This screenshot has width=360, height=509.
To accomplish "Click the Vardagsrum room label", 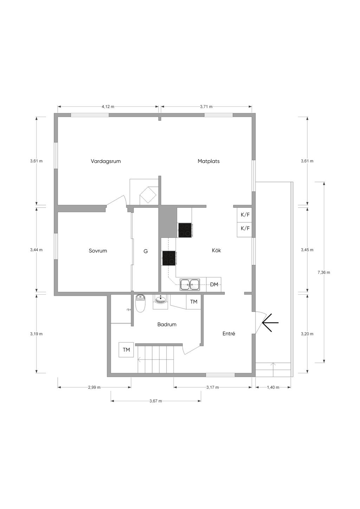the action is [106, 161].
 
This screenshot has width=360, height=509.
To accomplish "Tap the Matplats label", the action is [208, 161].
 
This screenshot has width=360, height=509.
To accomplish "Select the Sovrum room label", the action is [98, 251].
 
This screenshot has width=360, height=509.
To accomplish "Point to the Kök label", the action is [216, 250].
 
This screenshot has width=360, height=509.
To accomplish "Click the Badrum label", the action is [167, 325].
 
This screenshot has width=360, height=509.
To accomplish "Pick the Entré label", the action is [229, 334].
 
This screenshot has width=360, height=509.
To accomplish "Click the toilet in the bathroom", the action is [140, 304].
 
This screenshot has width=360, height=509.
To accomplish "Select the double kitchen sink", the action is [190, 285].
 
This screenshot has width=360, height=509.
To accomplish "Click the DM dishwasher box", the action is [214, 284].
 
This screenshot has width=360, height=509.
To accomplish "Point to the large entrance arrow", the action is [270, 322].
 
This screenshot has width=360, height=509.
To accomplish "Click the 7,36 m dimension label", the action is [324, 273].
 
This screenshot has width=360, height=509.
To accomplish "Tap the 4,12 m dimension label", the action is [108, 106].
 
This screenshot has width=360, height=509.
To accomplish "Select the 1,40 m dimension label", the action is [273, 387].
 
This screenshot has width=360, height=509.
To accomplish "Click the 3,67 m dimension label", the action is [156, 401].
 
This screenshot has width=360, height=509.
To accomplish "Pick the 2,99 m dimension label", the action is [94, 387].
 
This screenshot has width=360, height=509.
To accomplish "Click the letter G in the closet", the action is [146, 251].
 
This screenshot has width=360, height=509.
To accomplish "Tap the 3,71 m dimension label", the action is [206, 106].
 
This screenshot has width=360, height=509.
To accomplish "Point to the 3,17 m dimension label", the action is [213, 387].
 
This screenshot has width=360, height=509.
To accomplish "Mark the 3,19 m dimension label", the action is [36, 334].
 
